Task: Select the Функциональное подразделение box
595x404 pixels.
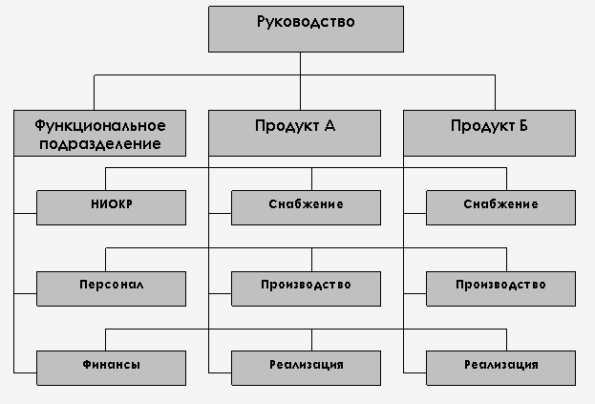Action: pos(94,133)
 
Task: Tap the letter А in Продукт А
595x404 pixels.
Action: pos(330,125)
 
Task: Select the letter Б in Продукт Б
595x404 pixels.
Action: pos(523,125)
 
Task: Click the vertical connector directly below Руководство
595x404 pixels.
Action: pos(301,62)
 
